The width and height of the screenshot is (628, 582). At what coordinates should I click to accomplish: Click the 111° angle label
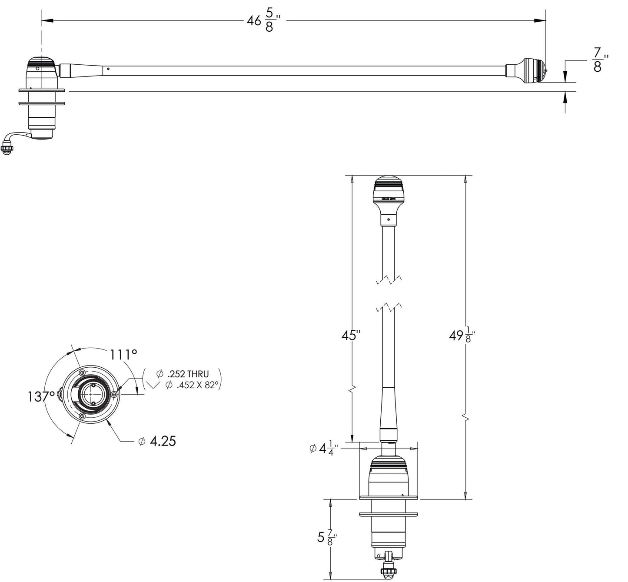click(123, 355)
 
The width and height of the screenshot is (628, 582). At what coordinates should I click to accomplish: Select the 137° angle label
click(41, 396)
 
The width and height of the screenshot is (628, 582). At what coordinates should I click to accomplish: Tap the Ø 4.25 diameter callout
click(157, 442)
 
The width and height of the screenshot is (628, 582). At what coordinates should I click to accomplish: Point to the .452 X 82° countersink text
click(191, 385)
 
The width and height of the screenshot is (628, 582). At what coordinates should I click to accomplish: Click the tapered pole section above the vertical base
click(389, 409)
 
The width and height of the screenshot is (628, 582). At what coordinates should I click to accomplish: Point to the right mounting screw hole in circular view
click(114, 394)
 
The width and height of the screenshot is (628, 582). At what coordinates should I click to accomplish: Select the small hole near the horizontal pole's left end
click(108, 68)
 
